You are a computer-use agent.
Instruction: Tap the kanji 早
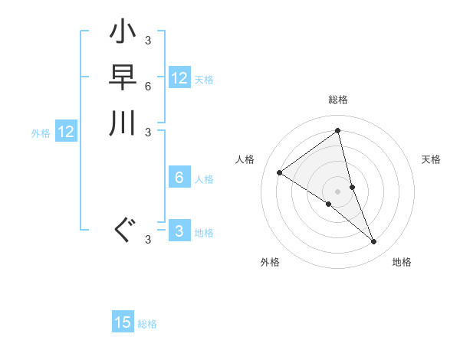coord(123,79)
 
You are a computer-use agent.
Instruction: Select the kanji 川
coord(123,123)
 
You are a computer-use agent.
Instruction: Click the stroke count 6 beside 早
coord(148,87)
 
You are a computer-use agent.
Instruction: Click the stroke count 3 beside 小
coord(148,40)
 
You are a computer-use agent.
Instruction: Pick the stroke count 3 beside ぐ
coord(148,240)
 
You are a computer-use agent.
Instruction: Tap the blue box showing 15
coord(123,322)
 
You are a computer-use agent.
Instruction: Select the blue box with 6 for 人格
coord(179,178)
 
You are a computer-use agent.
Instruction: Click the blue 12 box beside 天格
coord(179,78)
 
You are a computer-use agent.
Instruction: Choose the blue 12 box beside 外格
coord(66,132)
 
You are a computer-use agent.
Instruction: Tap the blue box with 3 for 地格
coord(179,231)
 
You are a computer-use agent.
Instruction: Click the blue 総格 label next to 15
coord(147,324)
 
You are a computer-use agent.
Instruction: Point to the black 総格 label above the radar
coord(337,100)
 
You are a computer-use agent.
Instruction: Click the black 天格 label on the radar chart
coord(431,159)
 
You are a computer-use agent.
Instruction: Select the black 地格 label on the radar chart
coord(402,262)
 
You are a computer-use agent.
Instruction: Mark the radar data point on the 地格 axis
coord(374,242)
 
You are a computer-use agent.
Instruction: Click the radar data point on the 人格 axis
coord(279,172)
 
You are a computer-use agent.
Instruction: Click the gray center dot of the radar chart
coord(337,191)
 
